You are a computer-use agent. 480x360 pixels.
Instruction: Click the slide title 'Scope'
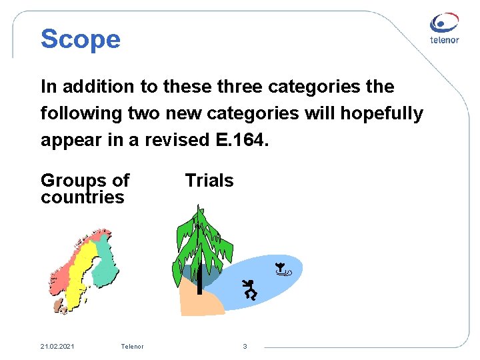(x=81, y=39)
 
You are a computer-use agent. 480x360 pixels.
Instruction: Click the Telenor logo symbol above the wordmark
(x=444, y=23)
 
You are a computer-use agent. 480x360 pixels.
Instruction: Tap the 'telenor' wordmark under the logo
(x=444, y=40)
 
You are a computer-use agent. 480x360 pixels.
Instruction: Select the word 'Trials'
(x=209, y=181)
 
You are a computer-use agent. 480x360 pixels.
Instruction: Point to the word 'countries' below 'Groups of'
(x=83, y=197)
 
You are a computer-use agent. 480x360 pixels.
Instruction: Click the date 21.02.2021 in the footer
(x=57, y=347)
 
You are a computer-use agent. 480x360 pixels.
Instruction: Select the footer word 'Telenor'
(x=132, y=347)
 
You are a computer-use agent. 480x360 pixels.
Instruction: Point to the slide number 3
(x=245, y=347)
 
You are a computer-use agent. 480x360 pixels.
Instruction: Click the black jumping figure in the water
(x=250, y=289)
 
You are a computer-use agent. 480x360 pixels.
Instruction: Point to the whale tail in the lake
(x=283, y=270)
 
